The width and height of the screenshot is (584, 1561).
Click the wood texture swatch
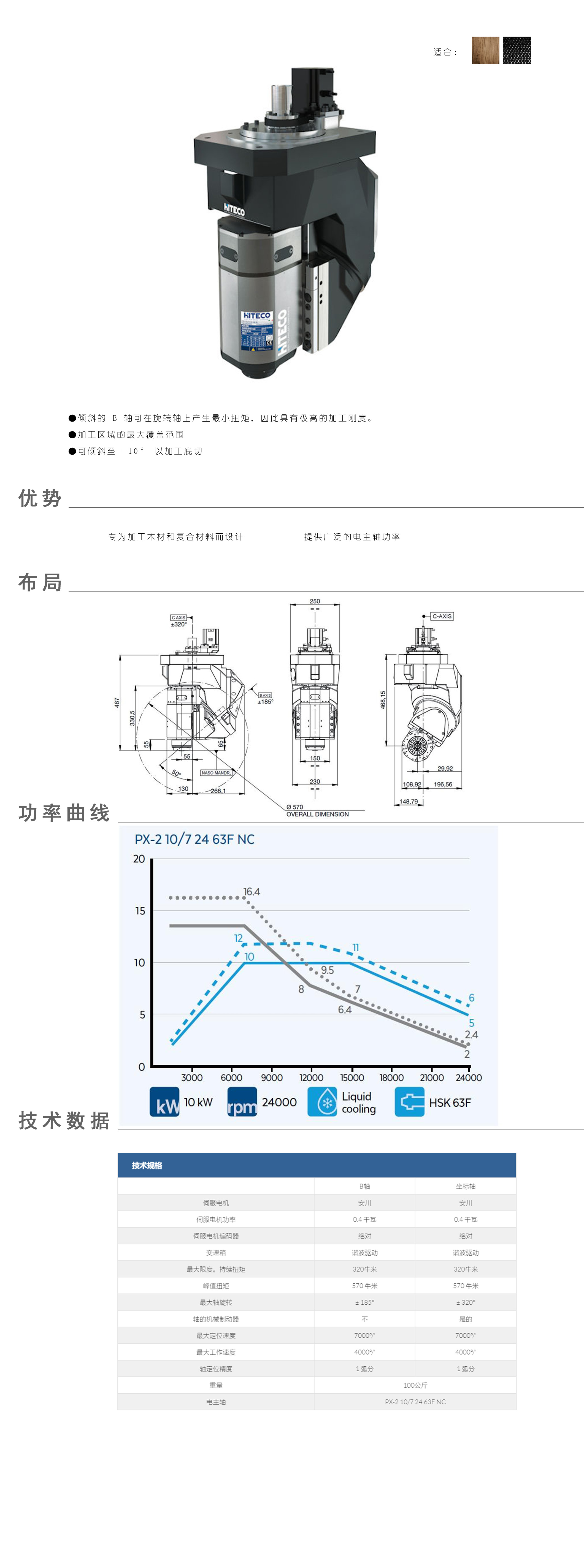(x=485, y=50)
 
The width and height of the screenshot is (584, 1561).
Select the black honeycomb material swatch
(x=517, y=50)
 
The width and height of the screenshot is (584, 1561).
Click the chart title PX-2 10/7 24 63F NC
(x=194, y=839)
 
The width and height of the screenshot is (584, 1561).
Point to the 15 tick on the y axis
(x=140, y=911)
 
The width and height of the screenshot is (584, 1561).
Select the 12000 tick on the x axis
(x=311, y=1077)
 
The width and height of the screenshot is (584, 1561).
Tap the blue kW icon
(x=164, y=1102)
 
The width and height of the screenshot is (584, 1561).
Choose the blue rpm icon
(x=242, y=1102)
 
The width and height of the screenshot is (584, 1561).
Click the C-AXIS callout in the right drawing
(x=442, y=616)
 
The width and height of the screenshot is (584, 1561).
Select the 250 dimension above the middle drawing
(x=315, y=602)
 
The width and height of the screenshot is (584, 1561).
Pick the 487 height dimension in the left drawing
(x=117, y=702)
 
